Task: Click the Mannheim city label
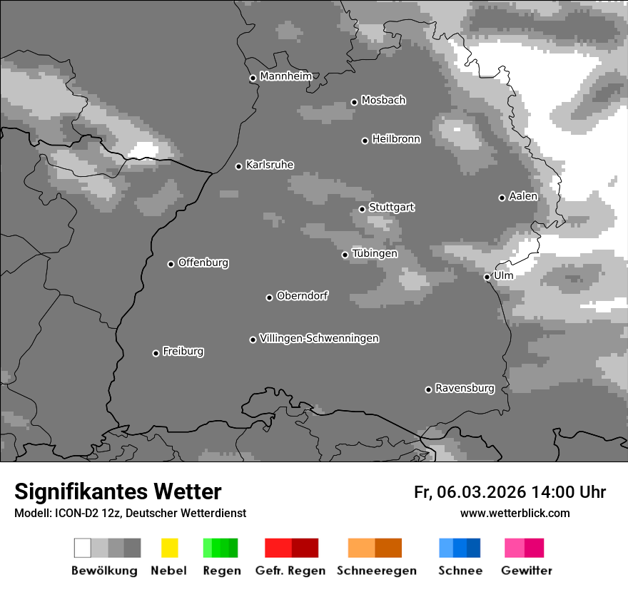(286, 76)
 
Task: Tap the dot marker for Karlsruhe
(239, 166)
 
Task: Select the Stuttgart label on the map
(391, 208)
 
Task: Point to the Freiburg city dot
(156, 353)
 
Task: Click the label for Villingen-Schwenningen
(319, 338)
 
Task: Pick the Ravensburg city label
(465, 388)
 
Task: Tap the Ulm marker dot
(487, 277)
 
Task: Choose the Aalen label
(523, 196)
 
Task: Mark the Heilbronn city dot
(365, 141)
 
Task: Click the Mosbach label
(383, 101)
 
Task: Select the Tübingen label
(375, 253)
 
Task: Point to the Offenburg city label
(203, 262)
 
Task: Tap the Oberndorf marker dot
(269, 297)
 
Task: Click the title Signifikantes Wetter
(118, 491)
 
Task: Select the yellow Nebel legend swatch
(169, 548)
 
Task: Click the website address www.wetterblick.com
(515, 513)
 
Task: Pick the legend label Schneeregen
(377, 571)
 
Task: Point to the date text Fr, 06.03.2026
(470, 492)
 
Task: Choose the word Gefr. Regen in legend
(290, 571)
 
